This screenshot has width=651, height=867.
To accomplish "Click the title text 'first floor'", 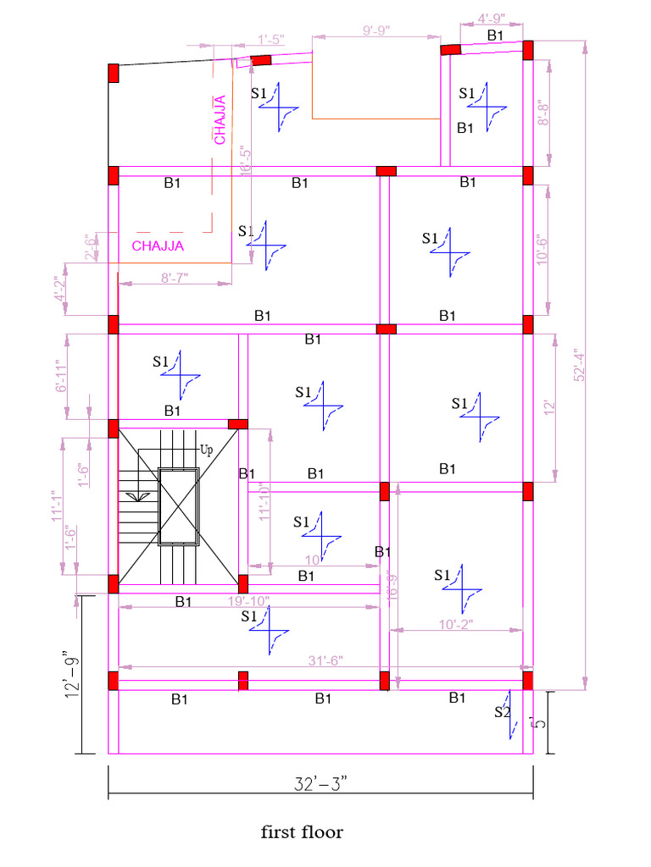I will click(x=303, y=832).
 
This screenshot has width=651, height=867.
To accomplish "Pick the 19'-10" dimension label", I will click(x=248, y=601).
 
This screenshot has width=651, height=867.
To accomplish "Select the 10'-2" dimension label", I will click(x=455, y=624).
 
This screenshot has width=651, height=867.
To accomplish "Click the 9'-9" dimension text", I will click(x=376, y=30).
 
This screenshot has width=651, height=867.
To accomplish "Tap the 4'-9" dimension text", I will click(x=492, y=18).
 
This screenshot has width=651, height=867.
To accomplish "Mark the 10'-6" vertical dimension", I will click(x=543, y=251).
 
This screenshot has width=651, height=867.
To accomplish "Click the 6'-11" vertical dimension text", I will click(x=60, y=376).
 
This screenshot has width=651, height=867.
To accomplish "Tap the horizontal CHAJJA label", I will click(x=158, y=246).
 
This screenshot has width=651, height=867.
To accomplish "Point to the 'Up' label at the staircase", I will click(x=206, y=448).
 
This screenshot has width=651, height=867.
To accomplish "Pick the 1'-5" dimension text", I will click(x=271, y=39).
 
